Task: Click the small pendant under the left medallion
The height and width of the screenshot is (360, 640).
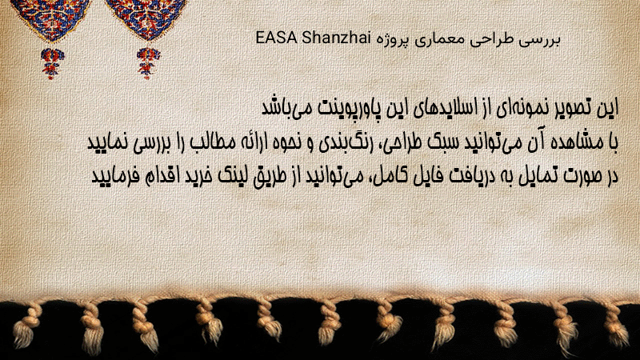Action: (52, 63)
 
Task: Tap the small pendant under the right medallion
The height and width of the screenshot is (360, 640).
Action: (148, 63)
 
